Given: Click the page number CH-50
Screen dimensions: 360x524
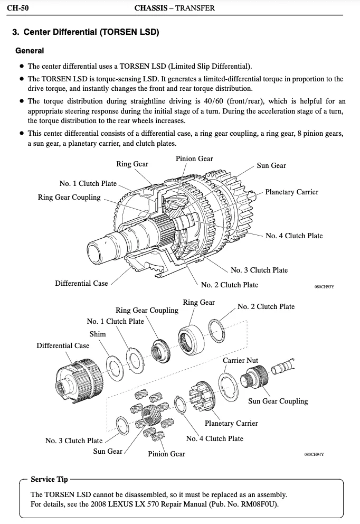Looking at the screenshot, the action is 18,8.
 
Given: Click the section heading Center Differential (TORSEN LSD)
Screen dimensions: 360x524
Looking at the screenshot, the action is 91,32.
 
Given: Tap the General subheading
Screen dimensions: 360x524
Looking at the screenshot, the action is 30,51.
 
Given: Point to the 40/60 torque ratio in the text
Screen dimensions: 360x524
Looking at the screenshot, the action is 213,101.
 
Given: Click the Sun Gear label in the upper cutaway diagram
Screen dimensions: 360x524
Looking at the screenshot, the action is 271,165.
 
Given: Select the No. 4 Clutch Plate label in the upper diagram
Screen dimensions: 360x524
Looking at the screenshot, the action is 294,236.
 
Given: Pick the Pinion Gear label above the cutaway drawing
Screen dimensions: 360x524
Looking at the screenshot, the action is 194,159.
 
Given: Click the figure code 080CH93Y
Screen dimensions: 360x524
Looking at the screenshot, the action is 324,287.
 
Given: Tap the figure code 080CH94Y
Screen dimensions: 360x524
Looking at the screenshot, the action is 314,454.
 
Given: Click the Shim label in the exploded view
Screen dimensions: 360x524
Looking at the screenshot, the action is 98,334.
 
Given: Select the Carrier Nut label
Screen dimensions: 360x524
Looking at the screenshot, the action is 241,360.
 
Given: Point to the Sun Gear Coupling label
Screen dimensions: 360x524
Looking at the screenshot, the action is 278,401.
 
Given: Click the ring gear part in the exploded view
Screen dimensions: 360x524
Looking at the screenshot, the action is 191,341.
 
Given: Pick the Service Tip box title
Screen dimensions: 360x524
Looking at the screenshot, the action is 49,479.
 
